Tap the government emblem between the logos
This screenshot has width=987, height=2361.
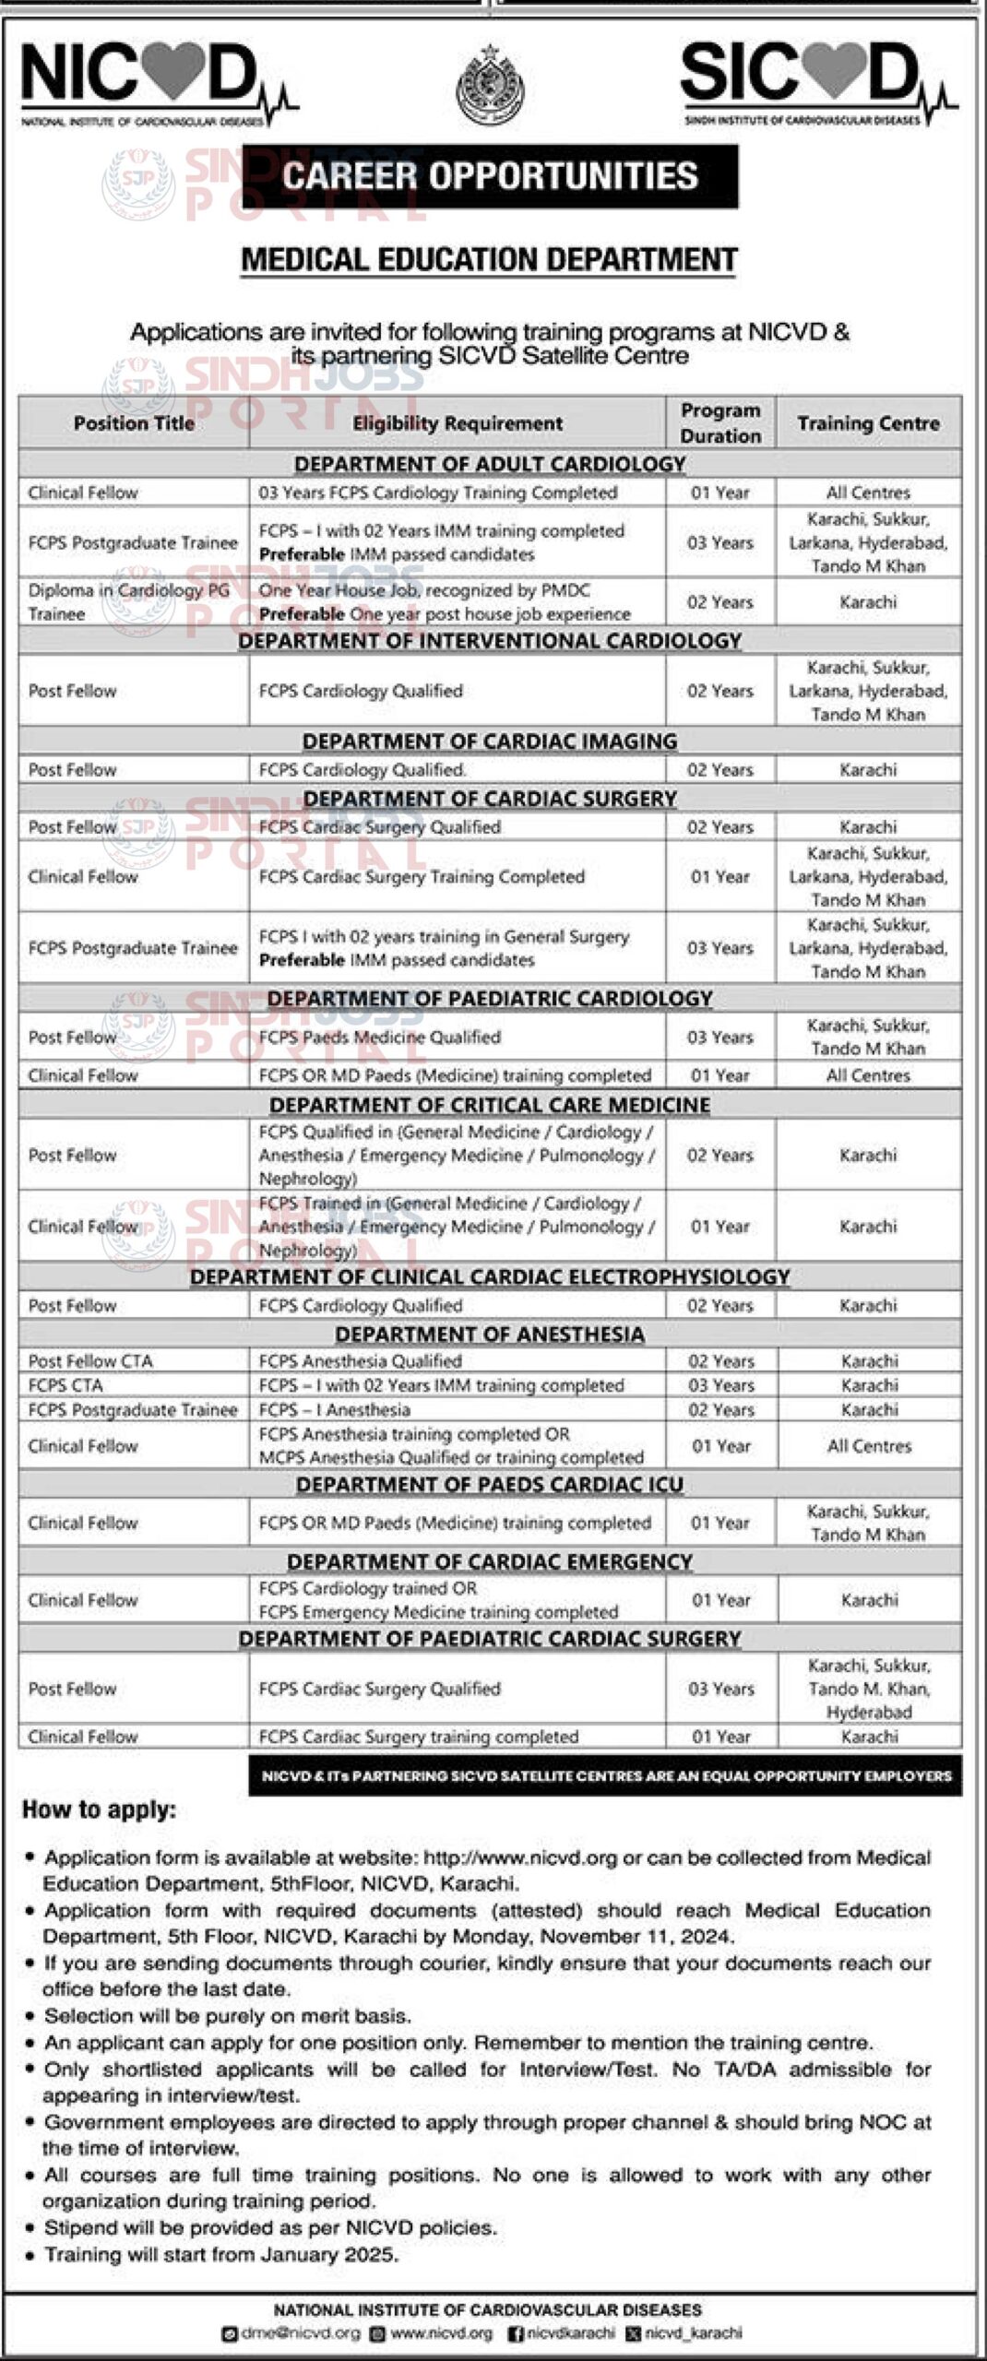tap(490, 85)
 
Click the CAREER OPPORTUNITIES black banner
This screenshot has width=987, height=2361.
tap(490, 175)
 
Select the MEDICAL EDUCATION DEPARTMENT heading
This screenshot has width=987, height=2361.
tap(490, 260)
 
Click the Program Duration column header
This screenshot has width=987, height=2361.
tap(720, 423)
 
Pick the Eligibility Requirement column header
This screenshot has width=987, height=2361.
tap(457, 423)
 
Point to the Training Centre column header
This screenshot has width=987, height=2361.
tap(868, 423)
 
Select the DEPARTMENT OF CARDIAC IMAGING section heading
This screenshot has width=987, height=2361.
tap(490, 742)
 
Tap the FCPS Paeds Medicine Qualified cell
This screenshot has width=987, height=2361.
tap(379, 1038)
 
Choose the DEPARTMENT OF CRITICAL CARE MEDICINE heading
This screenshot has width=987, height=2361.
tap(490, 1105)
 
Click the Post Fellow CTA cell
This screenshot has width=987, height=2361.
tap(90, 1361)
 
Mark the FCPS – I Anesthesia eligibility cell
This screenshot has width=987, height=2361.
tap(334, 1410)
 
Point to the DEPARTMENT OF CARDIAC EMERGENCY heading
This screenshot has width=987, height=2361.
tap(490, 1561)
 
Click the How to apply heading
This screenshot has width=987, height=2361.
tap(99, 1810)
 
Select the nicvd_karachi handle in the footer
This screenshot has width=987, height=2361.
tap(693, 2333)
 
